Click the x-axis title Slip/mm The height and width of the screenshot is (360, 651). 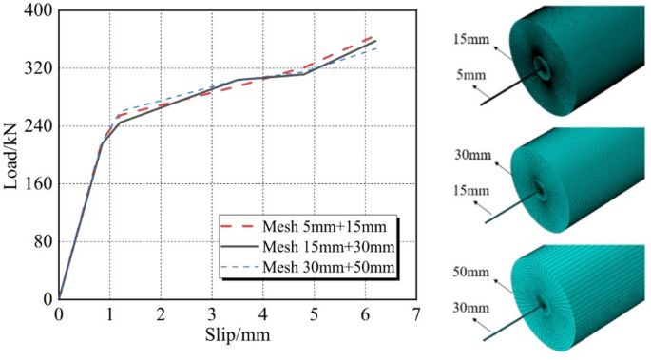coord(237,337)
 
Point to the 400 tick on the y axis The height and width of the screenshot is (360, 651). coord(36,11)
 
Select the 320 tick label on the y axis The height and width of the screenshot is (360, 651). coord(36,69)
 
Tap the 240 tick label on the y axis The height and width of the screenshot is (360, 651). coord(36,126)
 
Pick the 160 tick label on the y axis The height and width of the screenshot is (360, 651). coord(36,184)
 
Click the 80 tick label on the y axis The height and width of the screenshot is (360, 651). coord(40,241)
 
